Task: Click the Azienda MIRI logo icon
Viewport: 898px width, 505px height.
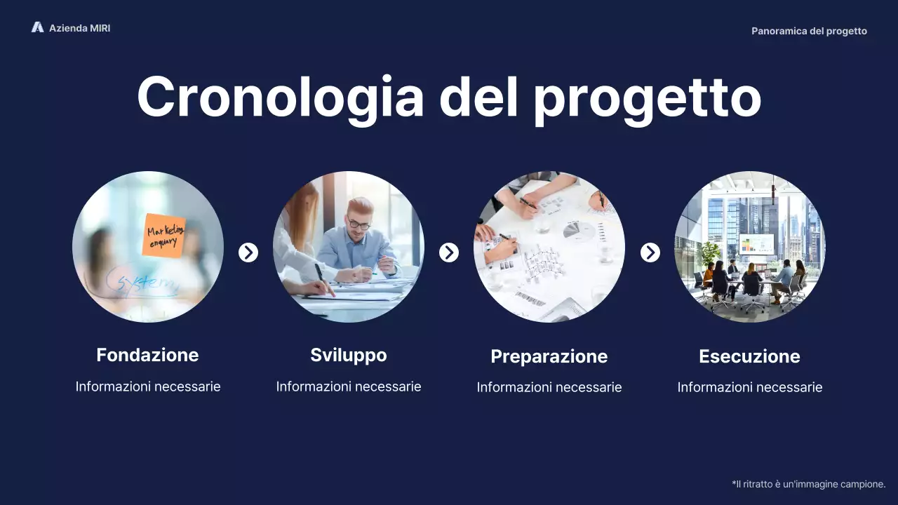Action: tap(37, 27)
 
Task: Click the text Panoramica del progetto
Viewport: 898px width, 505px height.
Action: tap(809, 31)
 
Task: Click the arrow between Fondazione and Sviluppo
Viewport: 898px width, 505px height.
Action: tap(248, 252)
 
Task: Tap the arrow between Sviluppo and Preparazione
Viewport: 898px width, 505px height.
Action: tap(449, 252)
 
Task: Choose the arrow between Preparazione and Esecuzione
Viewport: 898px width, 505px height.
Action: tap(650, 252)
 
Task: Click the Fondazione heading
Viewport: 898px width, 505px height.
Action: tap(147, 355)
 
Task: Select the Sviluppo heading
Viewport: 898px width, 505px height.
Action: tap(349, 355)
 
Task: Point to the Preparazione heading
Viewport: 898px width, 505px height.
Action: tap(549, 356)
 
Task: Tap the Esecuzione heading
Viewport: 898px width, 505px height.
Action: tap(749, 356)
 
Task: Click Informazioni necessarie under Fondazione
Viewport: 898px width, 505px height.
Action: tap(148, 386)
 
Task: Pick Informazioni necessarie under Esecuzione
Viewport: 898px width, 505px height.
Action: tap(749, 387)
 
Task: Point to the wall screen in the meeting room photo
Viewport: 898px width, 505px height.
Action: tap(756, 243)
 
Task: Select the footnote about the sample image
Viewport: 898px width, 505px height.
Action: tap(808, 484)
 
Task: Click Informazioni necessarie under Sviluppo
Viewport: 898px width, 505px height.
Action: tap(349, 386)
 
